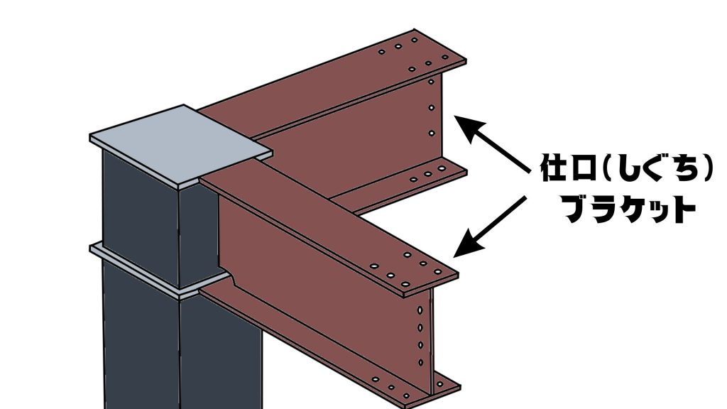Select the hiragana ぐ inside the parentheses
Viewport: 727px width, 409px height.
(650, 167)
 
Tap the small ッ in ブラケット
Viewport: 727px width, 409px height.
(660, 212)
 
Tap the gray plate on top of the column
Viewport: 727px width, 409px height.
(181, 146)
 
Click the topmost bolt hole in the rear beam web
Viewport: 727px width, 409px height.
(431, 82)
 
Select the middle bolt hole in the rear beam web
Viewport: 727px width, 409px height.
(432, 108)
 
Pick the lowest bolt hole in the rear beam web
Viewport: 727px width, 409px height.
(432, 133)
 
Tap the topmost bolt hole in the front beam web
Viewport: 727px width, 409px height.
(420, 310)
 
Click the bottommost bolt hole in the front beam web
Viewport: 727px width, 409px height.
(421, 363)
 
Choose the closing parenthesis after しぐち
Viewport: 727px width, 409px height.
(706, 167)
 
